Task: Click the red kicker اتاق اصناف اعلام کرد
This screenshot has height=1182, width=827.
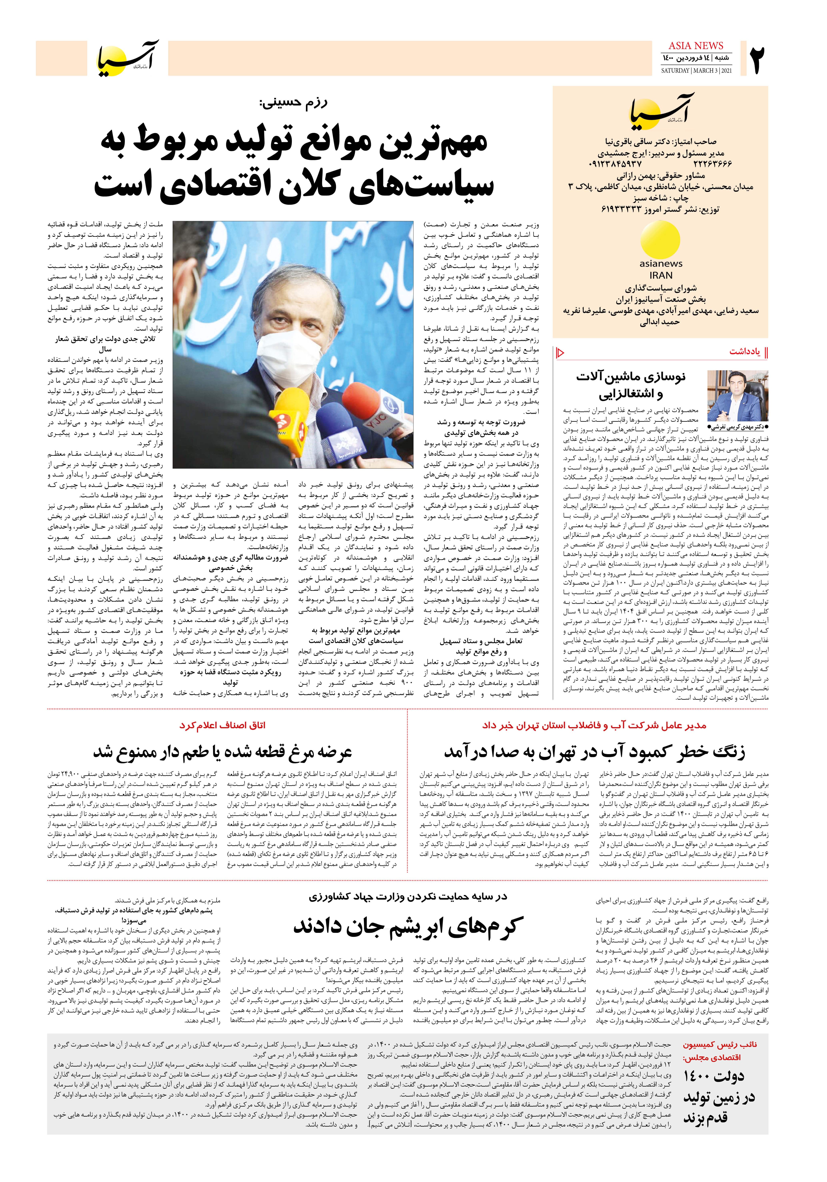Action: click(222, 725)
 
